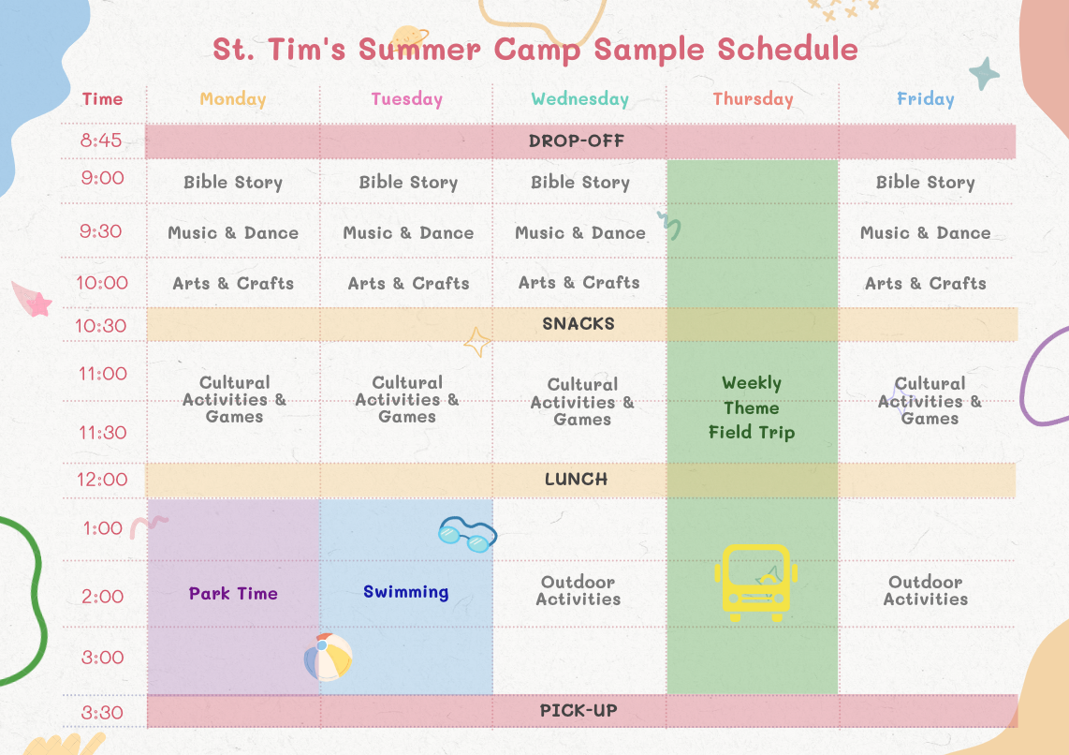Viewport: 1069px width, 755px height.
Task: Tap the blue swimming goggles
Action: [468, 534]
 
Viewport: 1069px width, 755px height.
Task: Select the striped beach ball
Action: [328, 658]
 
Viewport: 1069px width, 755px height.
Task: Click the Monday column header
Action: [232, 99]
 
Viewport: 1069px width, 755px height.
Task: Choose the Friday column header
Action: [925, 99]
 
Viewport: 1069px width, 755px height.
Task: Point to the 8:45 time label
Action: [101, 141]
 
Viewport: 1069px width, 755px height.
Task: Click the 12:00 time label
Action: [102, 480]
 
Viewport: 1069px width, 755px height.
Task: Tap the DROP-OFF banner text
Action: [576, 141]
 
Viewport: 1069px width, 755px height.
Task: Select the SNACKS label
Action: [578, 324]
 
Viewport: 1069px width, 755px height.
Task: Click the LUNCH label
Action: [576, 480]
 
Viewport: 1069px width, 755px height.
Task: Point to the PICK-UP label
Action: [578, 711]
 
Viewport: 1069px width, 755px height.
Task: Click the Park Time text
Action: [233, 593]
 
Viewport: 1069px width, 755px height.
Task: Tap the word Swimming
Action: [405, 592]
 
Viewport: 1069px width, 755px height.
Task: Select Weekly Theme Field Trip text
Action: [752, 407]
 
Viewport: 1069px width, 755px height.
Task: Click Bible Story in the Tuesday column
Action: [408, 183]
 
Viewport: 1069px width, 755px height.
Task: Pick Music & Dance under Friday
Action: [925, 233]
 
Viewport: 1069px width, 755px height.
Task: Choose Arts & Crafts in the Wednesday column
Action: [578, 282]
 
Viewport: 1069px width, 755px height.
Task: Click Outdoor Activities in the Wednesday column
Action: [578, 591]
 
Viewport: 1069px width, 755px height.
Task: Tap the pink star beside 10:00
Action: [39, 304]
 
